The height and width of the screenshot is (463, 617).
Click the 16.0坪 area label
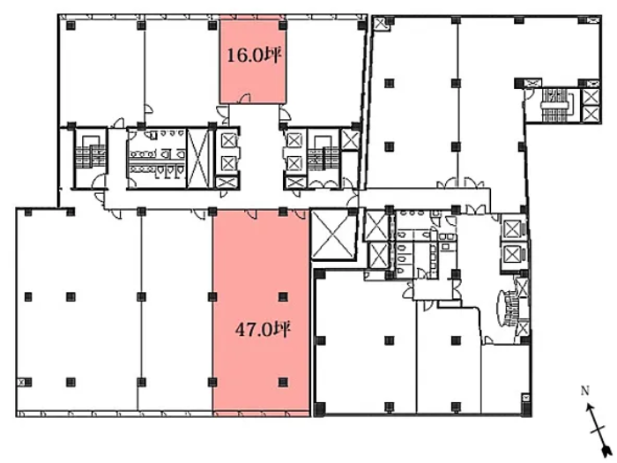pyautogui.click(x=254, y=56)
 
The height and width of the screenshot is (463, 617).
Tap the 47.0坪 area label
pyautogui.click(x=263, y=330)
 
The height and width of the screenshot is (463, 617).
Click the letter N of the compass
pyautogui.click(x=585, y=391)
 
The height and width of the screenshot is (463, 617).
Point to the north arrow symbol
pyautogui.click(x=598, y=428)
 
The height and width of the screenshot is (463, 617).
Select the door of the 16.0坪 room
pyautogui.click(x=246, y=99)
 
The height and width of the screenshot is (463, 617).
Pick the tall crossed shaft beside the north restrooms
pyautogui.click(x=198, y=159)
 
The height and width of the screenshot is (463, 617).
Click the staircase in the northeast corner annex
pyautogui.click(x=556, y=105)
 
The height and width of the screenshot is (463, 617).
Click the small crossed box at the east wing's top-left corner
pyautogui.click(x=381, y=24)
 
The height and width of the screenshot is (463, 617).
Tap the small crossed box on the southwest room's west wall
pyautogui.click(x=21, y=382)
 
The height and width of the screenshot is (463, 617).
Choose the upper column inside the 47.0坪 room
pyautogui.click(x=283, y=296)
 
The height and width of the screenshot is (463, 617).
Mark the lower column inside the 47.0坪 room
pyautogui.click(x=283, y=382)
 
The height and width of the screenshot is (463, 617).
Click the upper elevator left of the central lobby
pyautogui.click(x=229, y=140)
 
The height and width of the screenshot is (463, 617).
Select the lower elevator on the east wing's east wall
pyautogui.click(x=512, y=254)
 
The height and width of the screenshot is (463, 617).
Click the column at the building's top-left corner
pyautogui.click(x=71, y=26)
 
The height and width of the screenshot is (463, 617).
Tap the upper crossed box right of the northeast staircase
pyautogui.click(x=591, y=96)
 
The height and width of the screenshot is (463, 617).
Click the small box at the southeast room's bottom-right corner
pyautogui.click(x=525, y=398)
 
